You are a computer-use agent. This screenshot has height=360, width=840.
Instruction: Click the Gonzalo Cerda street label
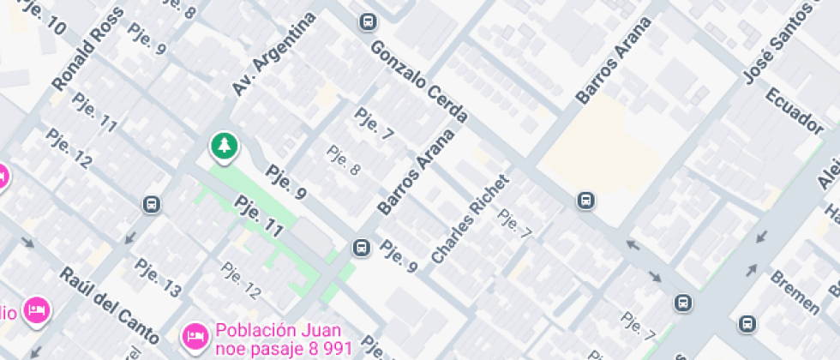pyautogui.click(x=419, y=83)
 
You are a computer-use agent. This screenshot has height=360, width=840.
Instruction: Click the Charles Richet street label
pyautogui.click(x=470, y=219)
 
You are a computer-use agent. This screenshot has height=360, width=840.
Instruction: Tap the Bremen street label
pyautogui.click(x=795, y=292)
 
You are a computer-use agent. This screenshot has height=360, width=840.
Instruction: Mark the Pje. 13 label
pyautogui.click(x=159, y=279)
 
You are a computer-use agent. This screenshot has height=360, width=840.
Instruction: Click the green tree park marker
pyautogui.click(x=224, y=146)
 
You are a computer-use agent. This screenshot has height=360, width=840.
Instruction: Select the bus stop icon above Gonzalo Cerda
pyautogui.click(x=368, y=21)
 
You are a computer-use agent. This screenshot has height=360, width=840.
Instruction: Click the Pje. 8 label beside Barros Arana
pyautogui.click(x=343, y=160)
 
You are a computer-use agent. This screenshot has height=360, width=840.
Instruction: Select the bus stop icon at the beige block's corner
pyautogui.click(x=585, y=201)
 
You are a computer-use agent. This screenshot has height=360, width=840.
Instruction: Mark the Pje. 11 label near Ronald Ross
pyautogui.click(x=94, y=112)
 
